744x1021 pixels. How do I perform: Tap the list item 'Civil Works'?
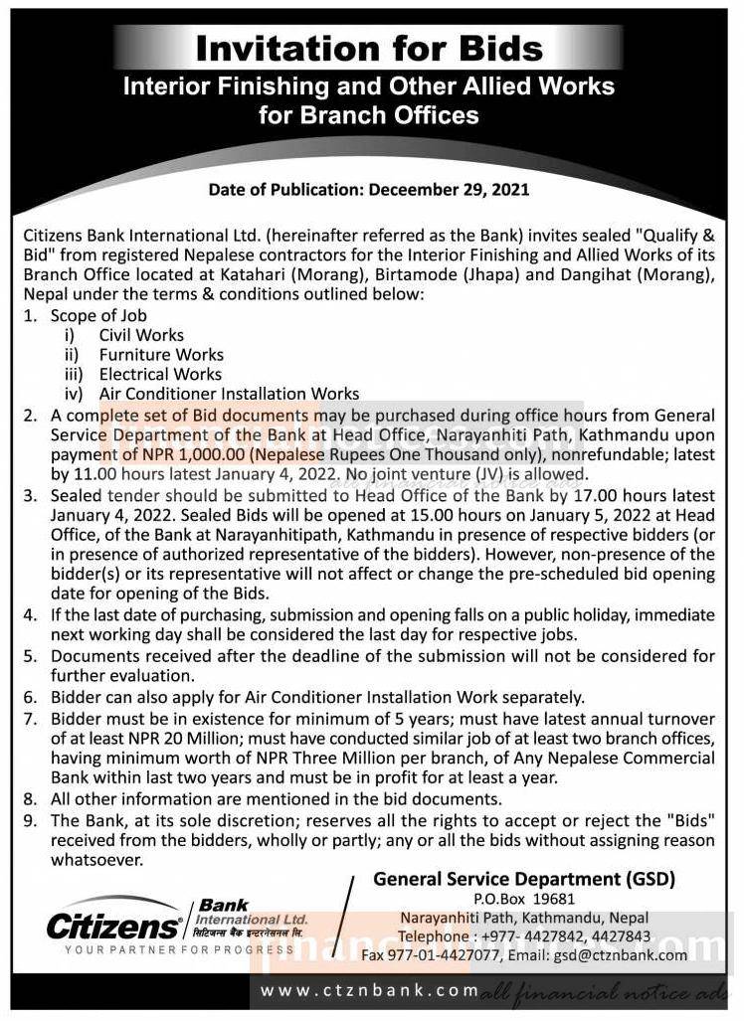pos(141,335)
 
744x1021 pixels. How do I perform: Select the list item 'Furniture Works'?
pos(161,355)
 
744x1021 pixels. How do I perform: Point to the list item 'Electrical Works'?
pos(160,375)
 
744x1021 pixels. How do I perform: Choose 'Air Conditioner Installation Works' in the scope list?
pos(229,395)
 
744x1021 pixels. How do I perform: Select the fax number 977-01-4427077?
pos(470,955)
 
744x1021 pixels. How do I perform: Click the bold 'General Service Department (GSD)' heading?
pos(523,879)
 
